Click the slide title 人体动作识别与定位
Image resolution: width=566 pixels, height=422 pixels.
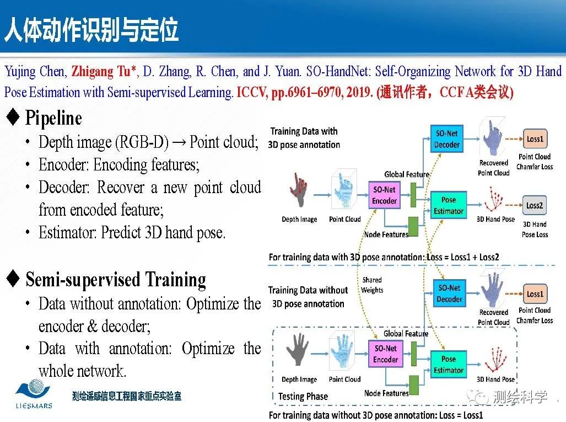pos(91,31)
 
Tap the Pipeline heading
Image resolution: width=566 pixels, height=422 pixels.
pos(53,117)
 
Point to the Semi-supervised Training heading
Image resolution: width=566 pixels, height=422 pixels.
pos(116,280)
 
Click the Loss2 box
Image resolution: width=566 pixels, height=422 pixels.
pos(534,206)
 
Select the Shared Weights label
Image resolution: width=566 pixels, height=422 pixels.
pos(372,285)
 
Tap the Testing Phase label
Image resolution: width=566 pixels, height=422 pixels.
pos(303,396)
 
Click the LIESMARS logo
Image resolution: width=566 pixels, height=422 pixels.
pos(34,396)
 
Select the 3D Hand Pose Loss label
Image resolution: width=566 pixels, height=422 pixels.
pos(534,229)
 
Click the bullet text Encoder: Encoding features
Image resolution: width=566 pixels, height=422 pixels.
pos(119,165)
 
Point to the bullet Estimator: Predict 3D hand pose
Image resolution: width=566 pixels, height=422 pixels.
pos(132,232)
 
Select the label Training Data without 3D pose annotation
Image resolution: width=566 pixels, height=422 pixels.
pos(308,297)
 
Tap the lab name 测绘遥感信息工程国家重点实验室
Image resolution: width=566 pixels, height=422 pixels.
pos(126,396)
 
